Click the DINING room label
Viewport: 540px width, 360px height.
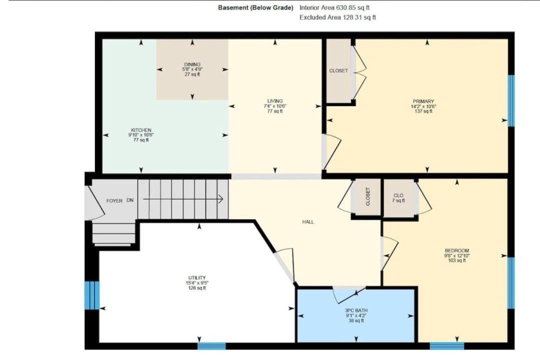click(x=192, y=64)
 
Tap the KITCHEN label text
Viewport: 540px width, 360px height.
click(x=141, y=130)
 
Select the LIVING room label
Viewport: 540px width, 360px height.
click(x=275, y=101)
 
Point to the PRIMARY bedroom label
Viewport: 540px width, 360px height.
click(x=423, y=101)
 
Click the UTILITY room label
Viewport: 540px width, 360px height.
click(x=197, y=278)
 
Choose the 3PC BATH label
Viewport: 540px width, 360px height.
click(x=356, y=310)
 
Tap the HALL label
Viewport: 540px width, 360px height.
click(x=308, y=222)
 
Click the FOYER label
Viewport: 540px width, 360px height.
click(x=114, y=201)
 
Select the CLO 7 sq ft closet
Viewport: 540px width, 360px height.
click(x=399, y=198)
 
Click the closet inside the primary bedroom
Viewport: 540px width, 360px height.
click(x=338, y=70)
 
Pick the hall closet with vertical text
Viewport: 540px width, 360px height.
click(x=367, y=197)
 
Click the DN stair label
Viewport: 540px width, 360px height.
click(x=130, y=200)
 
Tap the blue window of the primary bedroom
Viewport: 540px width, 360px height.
click(x=511, y=100)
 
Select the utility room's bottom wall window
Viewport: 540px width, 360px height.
click(x=211, y=346)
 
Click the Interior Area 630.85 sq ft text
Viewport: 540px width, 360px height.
click(x=334, y=7)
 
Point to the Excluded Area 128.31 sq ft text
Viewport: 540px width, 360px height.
click(x=337, y=17)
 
